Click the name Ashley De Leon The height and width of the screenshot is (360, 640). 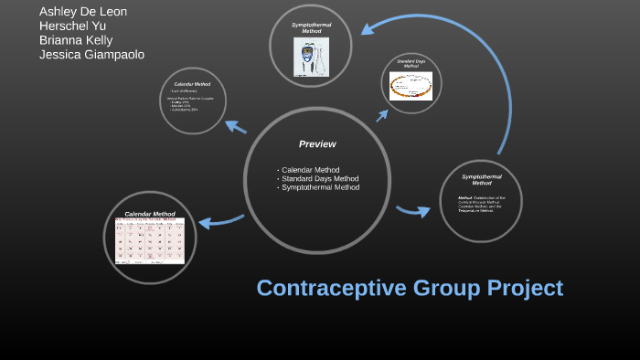(83, 11)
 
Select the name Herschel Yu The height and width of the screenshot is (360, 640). (72, 26)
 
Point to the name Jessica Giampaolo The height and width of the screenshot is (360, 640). (91, 55)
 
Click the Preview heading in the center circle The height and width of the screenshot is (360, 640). (317, 143)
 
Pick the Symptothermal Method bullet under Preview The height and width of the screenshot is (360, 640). (320, 187)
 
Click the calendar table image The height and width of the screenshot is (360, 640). (150, 241)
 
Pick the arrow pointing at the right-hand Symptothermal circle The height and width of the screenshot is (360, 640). (413, 211)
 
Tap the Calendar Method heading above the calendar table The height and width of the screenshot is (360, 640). (150, 214)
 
